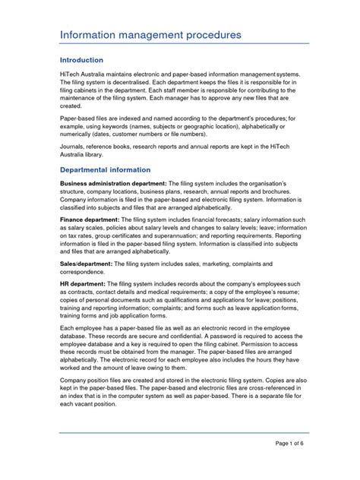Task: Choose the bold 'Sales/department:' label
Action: [x=87, y=261]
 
